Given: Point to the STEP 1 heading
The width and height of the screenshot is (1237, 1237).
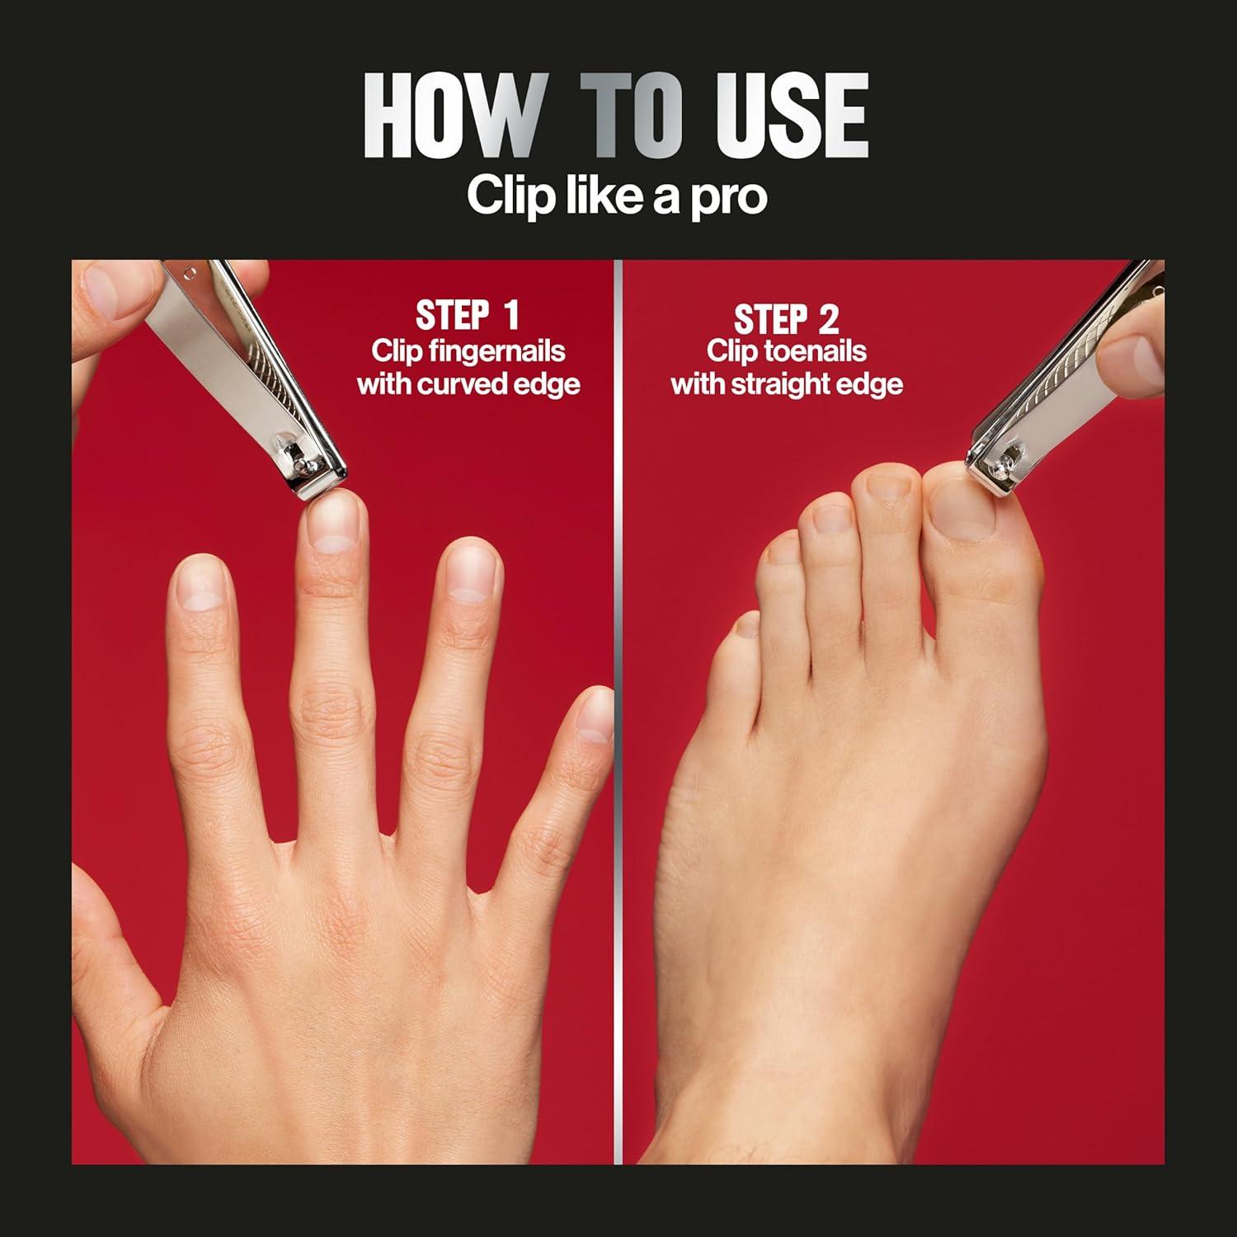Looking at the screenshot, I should click(x=467, y=316).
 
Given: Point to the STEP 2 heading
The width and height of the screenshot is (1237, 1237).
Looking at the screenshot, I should click(x=786, y=318).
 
